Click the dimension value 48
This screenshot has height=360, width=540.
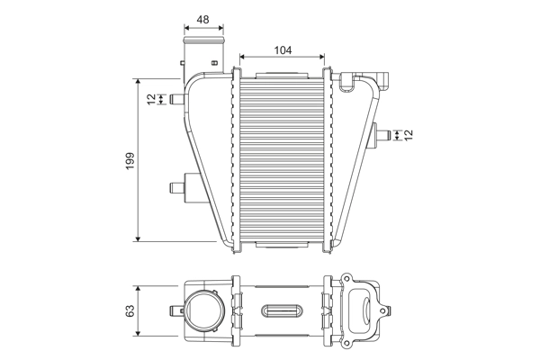click(x=202, y=19)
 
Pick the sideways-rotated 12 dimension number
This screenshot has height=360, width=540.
click(x=408, y=135)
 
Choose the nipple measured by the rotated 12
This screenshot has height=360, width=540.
click(x=385, y=135)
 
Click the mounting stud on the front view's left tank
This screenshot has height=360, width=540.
click(x=176, y=188)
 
